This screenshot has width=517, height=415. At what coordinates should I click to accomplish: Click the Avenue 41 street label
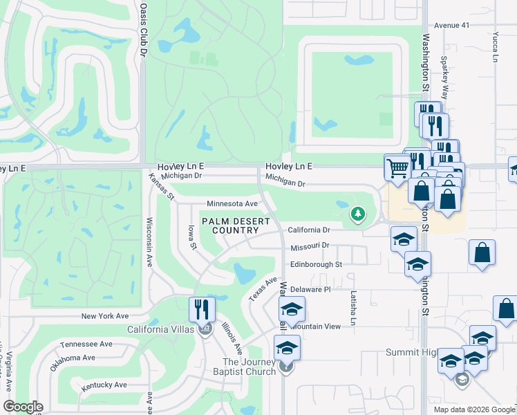tap(452, 25)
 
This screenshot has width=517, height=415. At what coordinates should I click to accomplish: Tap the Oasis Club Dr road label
tap(144, 28)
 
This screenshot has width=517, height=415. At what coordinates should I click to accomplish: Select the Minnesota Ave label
tap(232, 204)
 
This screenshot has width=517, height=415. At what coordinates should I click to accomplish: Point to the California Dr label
tap(310, 230)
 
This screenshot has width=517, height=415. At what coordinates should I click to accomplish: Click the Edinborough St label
tap(316, 264)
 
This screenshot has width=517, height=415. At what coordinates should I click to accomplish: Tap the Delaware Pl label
tap(310, 289)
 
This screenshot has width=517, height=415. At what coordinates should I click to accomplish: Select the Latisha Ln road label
tap(352, 308)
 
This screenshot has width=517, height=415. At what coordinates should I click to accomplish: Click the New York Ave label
tap(105, 315)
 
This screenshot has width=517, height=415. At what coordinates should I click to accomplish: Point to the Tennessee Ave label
tap(86, 344)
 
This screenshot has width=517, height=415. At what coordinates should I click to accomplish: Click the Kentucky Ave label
tap(104, 385)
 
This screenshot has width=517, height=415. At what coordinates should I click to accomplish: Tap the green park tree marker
tap(357, 214)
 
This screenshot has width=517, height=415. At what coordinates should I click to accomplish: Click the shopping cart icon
tap(397, 167)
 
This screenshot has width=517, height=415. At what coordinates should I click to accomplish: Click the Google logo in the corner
tap(23, 407)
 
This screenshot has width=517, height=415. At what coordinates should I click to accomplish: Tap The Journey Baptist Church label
tap(249, 367)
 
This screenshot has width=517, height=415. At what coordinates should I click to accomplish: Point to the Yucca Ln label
tap(495, 46)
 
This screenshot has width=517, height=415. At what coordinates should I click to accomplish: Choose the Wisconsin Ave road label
tap(149, 242)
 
